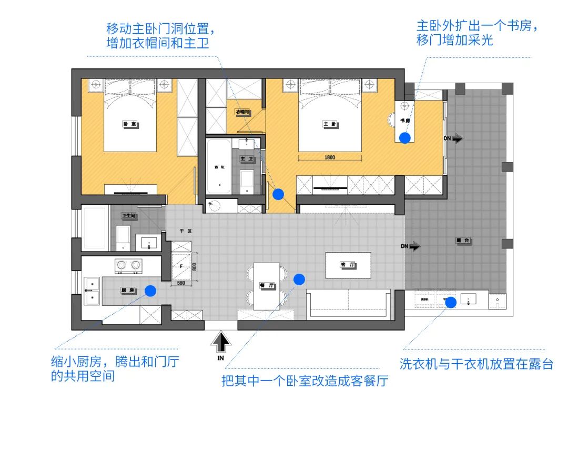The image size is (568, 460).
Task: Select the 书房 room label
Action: click(404, 121)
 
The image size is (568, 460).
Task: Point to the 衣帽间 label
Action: click(242, 112)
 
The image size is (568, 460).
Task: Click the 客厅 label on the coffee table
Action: click(348, 265)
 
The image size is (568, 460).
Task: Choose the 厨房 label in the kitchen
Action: click(128, 290)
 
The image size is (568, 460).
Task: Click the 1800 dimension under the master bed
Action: click(330, 157)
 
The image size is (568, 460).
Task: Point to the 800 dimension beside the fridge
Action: click(194, 267)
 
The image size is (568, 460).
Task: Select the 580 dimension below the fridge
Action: click(180, 284)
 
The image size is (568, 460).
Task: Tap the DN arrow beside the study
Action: click(454, 138)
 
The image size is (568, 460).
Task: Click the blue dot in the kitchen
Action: click(150, 291)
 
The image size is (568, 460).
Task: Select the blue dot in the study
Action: click(404, 138)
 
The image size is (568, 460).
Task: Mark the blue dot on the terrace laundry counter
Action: click(450, 302)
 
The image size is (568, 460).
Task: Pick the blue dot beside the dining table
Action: click(299, 279)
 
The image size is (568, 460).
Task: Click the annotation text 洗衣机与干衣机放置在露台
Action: click(476, 364)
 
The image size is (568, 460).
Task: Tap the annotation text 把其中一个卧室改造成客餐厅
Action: click(305, 381)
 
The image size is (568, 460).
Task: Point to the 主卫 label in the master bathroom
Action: click(247, 158)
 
